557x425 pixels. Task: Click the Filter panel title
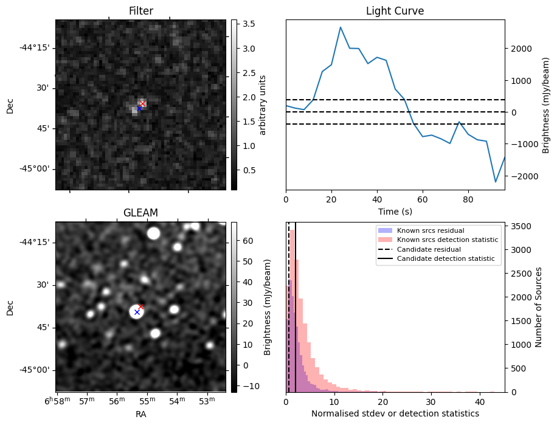pos(141,11)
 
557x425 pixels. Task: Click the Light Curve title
pos(395,11)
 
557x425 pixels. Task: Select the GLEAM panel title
pos(141,213)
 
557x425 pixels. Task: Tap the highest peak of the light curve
pos(341,27)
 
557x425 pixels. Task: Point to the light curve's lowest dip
pos(496,182)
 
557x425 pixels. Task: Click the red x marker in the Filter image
pos(142,104)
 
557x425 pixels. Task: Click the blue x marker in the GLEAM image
pos(137,312)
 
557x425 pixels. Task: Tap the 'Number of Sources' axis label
pos(539,307)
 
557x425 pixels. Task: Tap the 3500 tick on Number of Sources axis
pos(517,226)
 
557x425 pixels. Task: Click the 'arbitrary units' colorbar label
pos(263,105)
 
